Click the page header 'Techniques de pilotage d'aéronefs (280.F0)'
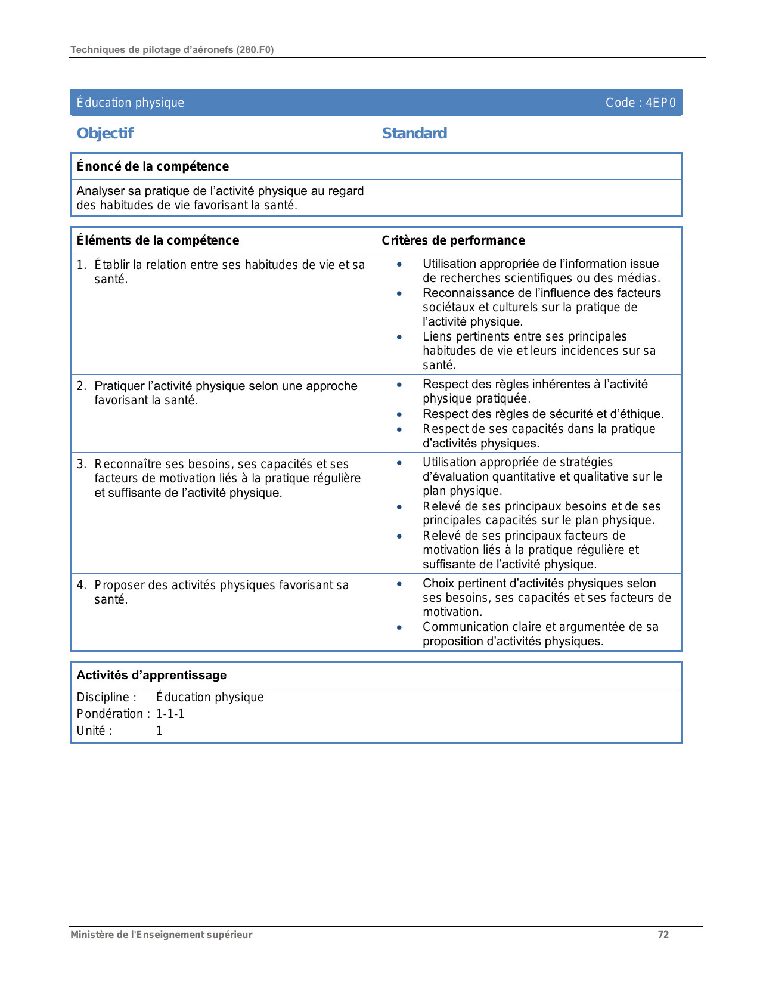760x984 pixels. pos(172,50)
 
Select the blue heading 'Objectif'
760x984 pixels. pos(105,133)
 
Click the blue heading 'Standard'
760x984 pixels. pos(414,133)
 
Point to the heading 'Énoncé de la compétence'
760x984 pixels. pos(153,166)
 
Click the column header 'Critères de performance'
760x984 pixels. pos(453,240)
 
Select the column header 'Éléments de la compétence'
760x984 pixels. pos(158,240)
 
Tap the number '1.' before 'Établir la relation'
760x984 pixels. pos(82,265)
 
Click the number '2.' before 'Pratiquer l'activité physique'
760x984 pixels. pos(82,386)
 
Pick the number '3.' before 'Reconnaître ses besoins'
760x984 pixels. pos(82,464)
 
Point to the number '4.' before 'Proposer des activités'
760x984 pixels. pos(82,585)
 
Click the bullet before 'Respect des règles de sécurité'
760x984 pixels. pos(399,414)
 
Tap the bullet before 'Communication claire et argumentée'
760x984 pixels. pos(399,627)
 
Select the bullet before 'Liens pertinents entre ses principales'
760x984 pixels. pos(399,337)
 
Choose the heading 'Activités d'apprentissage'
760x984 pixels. pos(151,675)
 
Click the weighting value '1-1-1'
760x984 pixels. pos(170,714)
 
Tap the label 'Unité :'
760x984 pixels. pos(94,731)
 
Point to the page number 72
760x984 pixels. pos(663,935)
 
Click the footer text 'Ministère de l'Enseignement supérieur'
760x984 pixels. pos(161,935)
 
